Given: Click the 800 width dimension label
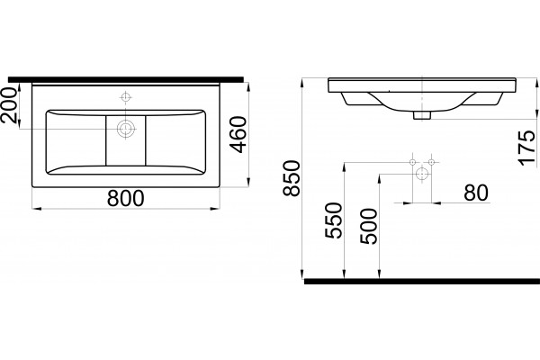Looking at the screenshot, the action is pyautogui.click(x=125, y=198).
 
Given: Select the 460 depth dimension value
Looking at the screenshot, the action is pyautogui.click(x=238, y=135).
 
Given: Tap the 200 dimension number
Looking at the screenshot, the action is pyautogui.click(x=9, y=105).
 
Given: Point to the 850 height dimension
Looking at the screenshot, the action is pyautogui.click(x=292, y=178).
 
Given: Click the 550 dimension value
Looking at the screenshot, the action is pyautogui.click(x=333, y=220).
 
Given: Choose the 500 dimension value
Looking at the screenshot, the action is pyautogui.click(x=368, y=226).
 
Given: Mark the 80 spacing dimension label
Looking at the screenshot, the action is pyautogui.click(x=476, y=193).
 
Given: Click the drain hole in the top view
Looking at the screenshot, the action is pyautogui.click(x=126, y=129).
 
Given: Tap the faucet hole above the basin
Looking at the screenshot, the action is pyautogui.click(x=126, y=97).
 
